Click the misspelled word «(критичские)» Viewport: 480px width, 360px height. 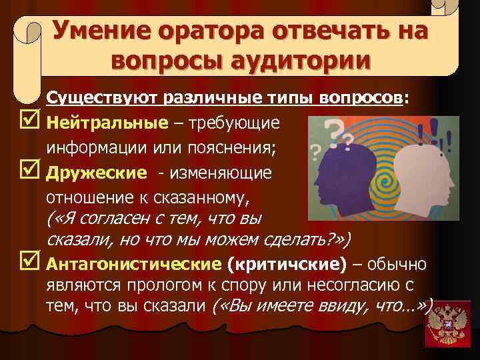coord(287,265)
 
